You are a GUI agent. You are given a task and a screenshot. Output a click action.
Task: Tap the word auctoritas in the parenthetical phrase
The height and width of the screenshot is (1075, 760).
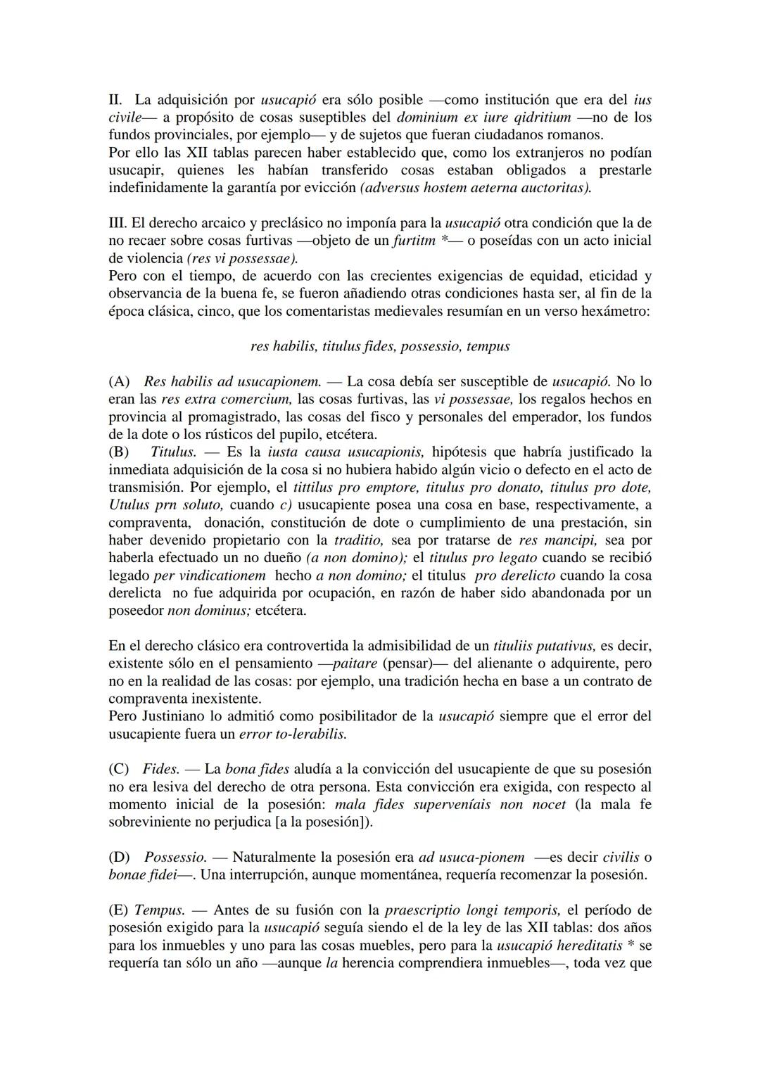[x=555, y=188]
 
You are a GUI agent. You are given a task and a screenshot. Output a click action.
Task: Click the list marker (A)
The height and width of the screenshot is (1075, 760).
[x=120, y=381]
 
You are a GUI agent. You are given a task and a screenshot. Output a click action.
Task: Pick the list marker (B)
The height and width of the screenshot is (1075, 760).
[x=119, y=452]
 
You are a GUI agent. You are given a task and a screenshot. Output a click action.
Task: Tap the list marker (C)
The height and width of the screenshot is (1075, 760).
[x=119, y=769]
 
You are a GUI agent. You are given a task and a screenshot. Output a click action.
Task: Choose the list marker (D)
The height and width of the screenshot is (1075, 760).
[x=120, y=857]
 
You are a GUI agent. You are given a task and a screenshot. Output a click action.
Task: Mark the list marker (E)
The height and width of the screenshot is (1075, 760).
[x=119, y=910]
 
